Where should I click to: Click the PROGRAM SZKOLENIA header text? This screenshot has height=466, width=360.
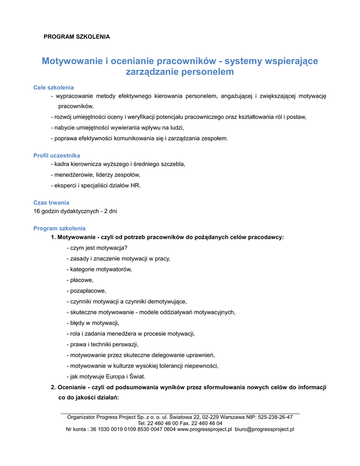76,36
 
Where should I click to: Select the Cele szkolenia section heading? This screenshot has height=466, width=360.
54,87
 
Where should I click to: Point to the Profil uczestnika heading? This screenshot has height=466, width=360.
56,156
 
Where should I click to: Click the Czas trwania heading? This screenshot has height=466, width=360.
51,203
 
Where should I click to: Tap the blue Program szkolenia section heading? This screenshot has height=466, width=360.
59,228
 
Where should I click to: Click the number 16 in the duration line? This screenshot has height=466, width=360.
37,211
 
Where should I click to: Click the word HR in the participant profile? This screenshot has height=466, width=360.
135,185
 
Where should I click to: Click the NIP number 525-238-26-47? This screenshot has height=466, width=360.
275,417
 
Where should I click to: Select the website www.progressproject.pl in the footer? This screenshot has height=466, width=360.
204,429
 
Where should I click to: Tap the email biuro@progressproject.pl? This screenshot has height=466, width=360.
264,429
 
